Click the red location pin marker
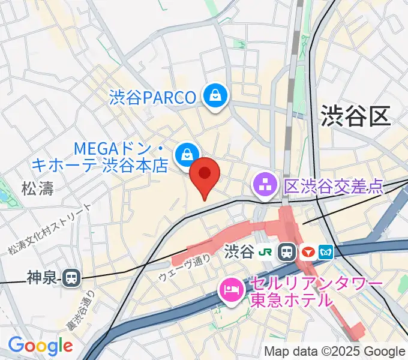pos(205,175)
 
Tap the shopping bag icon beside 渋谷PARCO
pos(214,95)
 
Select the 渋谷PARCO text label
pos(153,97)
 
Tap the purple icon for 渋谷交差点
pos(265,184)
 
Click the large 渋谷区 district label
pos(355,115)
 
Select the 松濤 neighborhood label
pos(37,189)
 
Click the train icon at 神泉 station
pos(71,277)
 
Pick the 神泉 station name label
pos(44,277)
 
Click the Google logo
pos(40,346)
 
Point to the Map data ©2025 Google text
pos(335,351)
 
